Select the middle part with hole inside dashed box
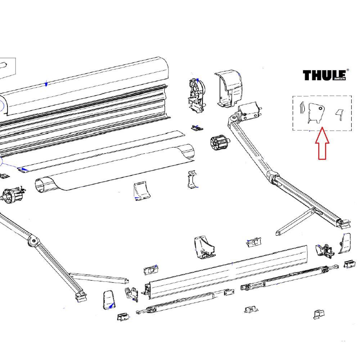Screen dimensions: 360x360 tap(316, 112)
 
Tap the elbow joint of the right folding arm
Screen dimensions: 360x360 tap(274, 177)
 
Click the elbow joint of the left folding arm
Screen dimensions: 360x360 tap(33, 241)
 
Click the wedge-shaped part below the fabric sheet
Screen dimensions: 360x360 tap(141, 191)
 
